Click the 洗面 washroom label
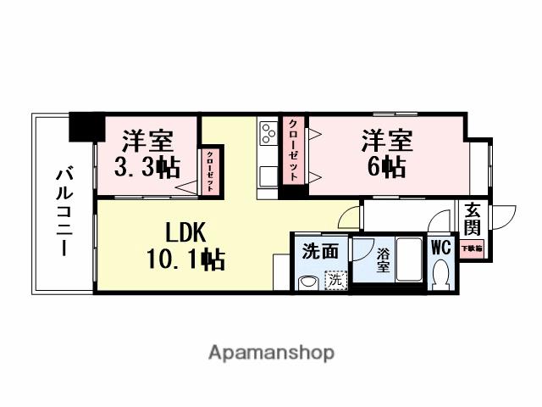pyautogui.click(x=321, y=252)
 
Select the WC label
pyautogui.click(x=440, y=248)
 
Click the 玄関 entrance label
pyautogui.click(x=471, y=220)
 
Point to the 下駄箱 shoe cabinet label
pyautogui.click(x=471, y=249)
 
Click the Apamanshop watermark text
pyautogui.click(x=270, y=351)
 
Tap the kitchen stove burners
pyautogui.click(x=268, y=133)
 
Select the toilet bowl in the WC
pyautogui.click(x=440, y=274)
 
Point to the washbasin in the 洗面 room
pyautogui.click(x=308, y=282)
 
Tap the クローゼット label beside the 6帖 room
pyautogui.click(x=292, y=150)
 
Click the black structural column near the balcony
pyautogui.click(x=84, y=128)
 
